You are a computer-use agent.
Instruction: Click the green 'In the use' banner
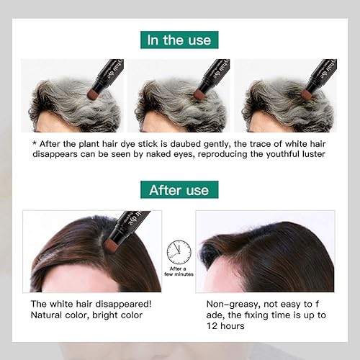[x=179, y=40]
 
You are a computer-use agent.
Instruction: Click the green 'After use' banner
[x=179, y=190]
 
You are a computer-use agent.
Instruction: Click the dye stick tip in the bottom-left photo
[x=110, y=244]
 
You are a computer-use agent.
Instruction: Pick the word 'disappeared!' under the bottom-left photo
[x=127, y=303]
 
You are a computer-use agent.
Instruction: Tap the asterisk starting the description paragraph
[x=34, y=142]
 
